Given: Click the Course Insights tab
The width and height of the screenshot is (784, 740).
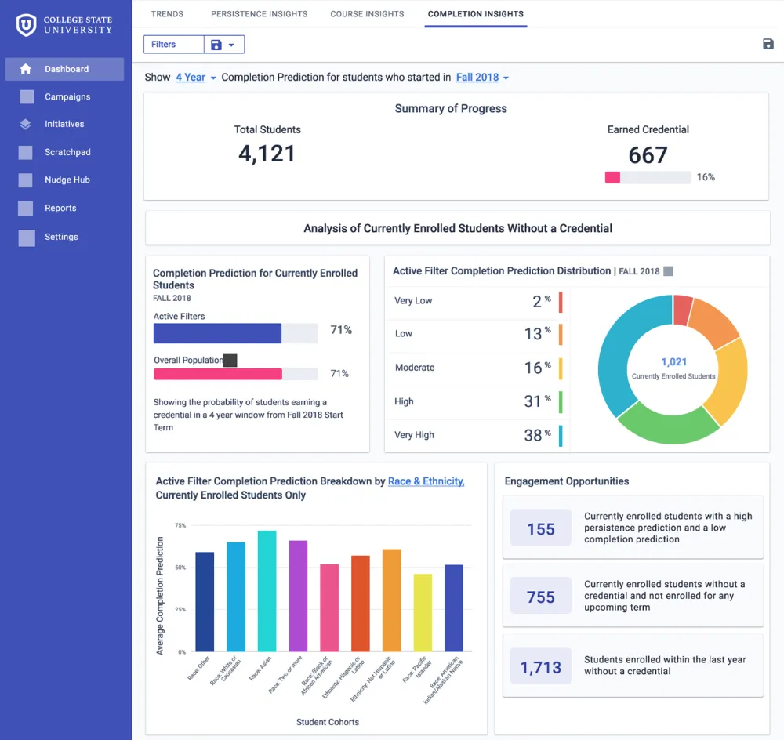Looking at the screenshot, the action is pyautogui.click(x=367, y=14).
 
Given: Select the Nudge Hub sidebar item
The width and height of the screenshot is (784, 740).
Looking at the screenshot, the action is pyautogui.click(x=67, y=180).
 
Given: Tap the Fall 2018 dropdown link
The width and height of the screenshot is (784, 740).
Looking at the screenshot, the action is pyautogui.click(x=477, y=78).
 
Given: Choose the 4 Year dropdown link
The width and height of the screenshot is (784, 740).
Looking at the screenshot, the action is pyautogui.click(x=191, y=78).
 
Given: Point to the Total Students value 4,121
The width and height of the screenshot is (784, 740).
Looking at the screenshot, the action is pyautogui.click(x=267, y=154).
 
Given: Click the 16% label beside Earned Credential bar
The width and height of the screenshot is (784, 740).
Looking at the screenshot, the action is pyautogui.click(x=706, y=177).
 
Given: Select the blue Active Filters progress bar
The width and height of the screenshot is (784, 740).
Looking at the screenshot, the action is pyautogui.click(x=217, y=333).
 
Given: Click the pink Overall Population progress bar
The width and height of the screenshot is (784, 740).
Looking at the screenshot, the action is pyautogui.click(x=218, y=374).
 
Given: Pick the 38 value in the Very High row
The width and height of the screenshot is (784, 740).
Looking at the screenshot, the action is pyautogui.click(x=533, y=435).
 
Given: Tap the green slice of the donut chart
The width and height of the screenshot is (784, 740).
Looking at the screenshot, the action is pyautogui.click(x=669, y=424).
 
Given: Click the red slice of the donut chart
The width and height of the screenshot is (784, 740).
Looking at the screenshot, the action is pyautogui.click(x=682, y=309).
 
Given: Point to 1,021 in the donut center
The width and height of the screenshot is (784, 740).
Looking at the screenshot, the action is pyautogui.click(x=673, y=361).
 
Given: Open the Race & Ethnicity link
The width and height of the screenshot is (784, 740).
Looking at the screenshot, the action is pyautogui.click(x=426, y=481).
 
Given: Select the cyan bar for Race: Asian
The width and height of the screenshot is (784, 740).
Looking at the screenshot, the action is pyautogui.click(x=267, y=591).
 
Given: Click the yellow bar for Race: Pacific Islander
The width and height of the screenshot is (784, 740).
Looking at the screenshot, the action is pyautogui.click(x=423, y=612).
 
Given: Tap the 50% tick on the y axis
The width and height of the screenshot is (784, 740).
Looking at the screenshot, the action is pyautogui.click(x=180, y=568).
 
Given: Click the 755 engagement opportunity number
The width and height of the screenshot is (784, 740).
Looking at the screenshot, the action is pyautogui.click(x=540, y=597).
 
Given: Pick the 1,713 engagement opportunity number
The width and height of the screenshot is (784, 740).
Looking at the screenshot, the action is pyautogui.click(x=540, y=668).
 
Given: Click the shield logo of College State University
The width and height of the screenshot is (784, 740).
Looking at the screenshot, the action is pyautogui.click(x=26, y=25).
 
